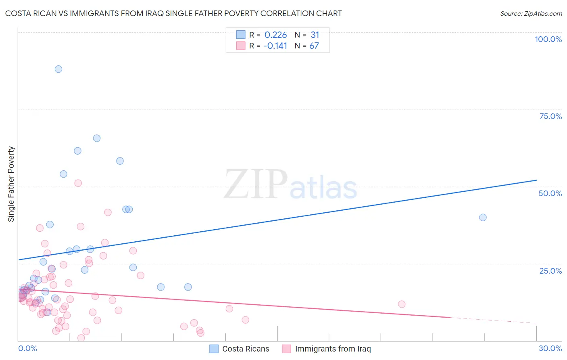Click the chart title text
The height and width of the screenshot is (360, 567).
[173, 14]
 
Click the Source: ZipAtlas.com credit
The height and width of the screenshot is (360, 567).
[531, 14]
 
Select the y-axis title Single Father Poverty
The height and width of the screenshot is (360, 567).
[11, 184]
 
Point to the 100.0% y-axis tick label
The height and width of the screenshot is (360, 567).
[548, 39]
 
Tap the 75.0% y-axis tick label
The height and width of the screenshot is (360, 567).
[550, 116]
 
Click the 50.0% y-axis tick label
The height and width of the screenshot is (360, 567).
[550, 193]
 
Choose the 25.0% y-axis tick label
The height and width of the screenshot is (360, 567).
[550, 271]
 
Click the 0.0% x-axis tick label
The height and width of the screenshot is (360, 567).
[27, 348]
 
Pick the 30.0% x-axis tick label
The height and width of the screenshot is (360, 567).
[550, 348]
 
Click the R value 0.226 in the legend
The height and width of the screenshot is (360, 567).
[275, 35]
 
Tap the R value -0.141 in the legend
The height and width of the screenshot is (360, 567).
[275, 46]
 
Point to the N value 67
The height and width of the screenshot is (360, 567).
[314, 46]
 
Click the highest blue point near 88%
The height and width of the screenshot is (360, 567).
[58, 69]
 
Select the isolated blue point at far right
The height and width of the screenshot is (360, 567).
[483, 218]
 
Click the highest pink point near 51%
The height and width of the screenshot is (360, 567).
[78, 183]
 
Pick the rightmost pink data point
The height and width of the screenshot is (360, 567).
[402, 304]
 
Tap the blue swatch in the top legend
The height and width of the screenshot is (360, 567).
[241, 35]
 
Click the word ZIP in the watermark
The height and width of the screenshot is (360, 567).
[256, 185]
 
